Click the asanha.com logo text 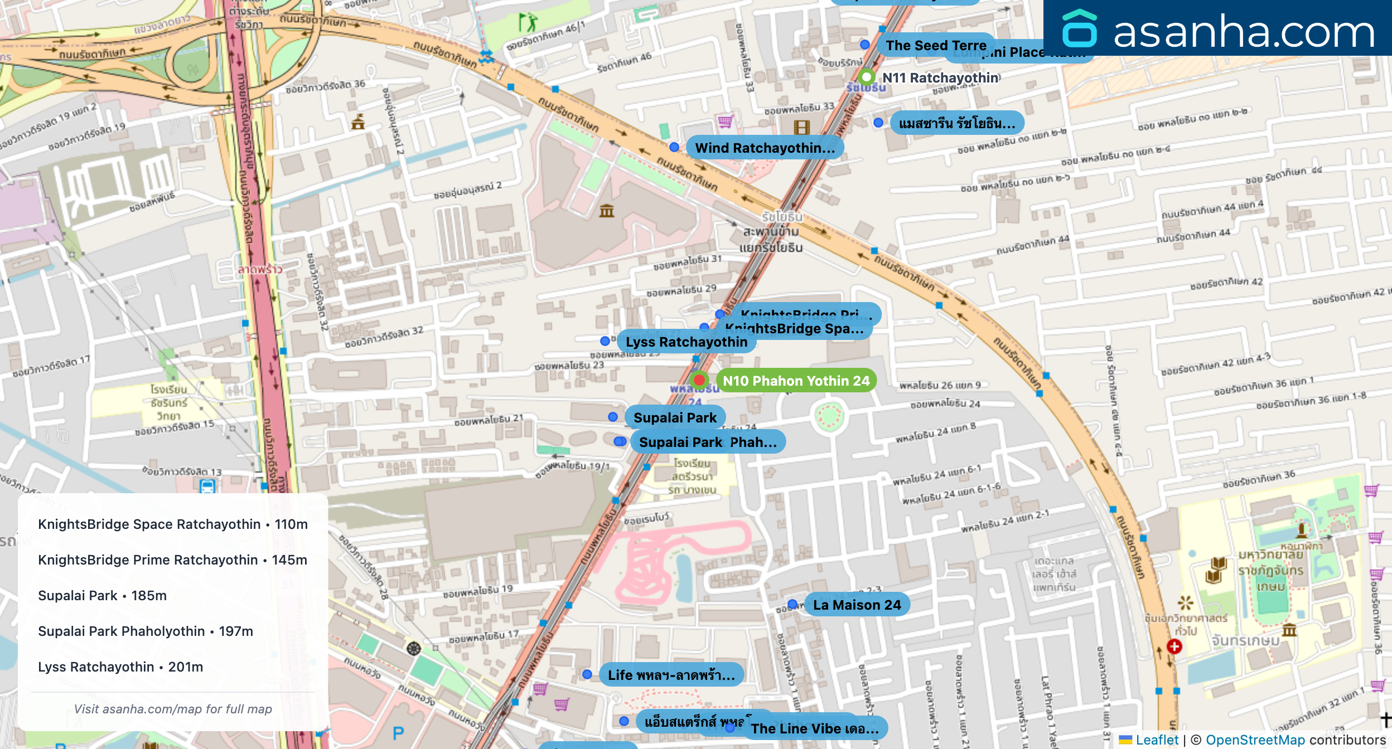click(x=1244, y=32)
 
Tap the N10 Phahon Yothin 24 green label click(x=796, y=381)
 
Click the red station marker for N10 click(x=699, y=380)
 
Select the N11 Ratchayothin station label click(x=940, y=78)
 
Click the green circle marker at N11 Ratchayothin click(x=866, y=77)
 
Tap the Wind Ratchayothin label click(x=765, y=148)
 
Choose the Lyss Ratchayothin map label click(x=687, y=342)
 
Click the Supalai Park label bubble click(x=675, y=418)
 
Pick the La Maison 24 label click(x=857, y=605)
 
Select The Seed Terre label click(x=936, y=46)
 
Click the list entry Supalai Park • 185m click(x=102, y=596)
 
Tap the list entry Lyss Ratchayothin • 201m click(x=120, y=667)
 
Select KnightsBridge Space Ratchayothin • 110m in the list click(x=173, y=524)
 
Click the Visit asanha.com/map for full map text click(x=173, y=709)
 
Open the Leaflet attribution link click(x=1157, y=740)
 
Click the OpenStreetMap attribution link click(x=1255, y=740)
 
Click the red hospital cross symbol click(x=1174, y=646)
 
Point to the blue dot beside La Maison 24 click(x=792, y=605)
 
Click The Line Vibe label click(x=814, y=729)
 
